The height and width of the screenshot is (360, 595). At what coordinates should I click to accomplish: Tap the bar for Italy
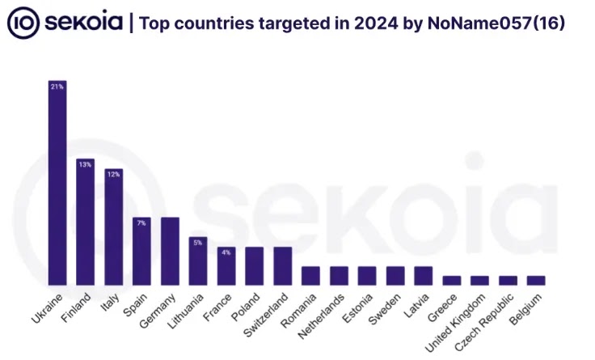coord(113,227)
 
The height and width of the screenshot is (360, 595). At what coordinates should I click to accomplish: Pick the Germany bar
coord(170,251)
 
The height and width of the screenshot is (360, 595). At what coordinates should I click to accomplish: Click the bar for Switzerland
coord(282,265)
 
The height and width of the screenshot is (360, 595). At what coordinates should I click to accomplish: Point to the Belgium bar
coord(536,280)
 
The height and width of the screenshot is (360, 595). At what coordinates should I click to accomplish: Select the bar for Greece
coord(452,280)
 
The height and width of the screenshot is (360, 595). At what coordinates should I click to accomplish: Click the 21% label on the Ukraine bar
coord(57,86)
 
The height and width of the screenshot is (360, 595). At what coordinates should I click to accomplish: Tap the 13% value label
coord(85,163)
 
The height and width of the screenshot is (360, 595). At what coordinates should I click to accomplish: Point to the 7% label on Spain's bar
coord(141,222)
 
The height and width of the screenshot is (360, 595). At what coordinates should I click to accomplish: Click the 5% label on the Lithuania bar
coord(198,242)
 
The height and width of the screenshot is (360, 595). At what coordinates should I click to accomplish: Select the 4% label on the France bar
coord(226,252)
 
